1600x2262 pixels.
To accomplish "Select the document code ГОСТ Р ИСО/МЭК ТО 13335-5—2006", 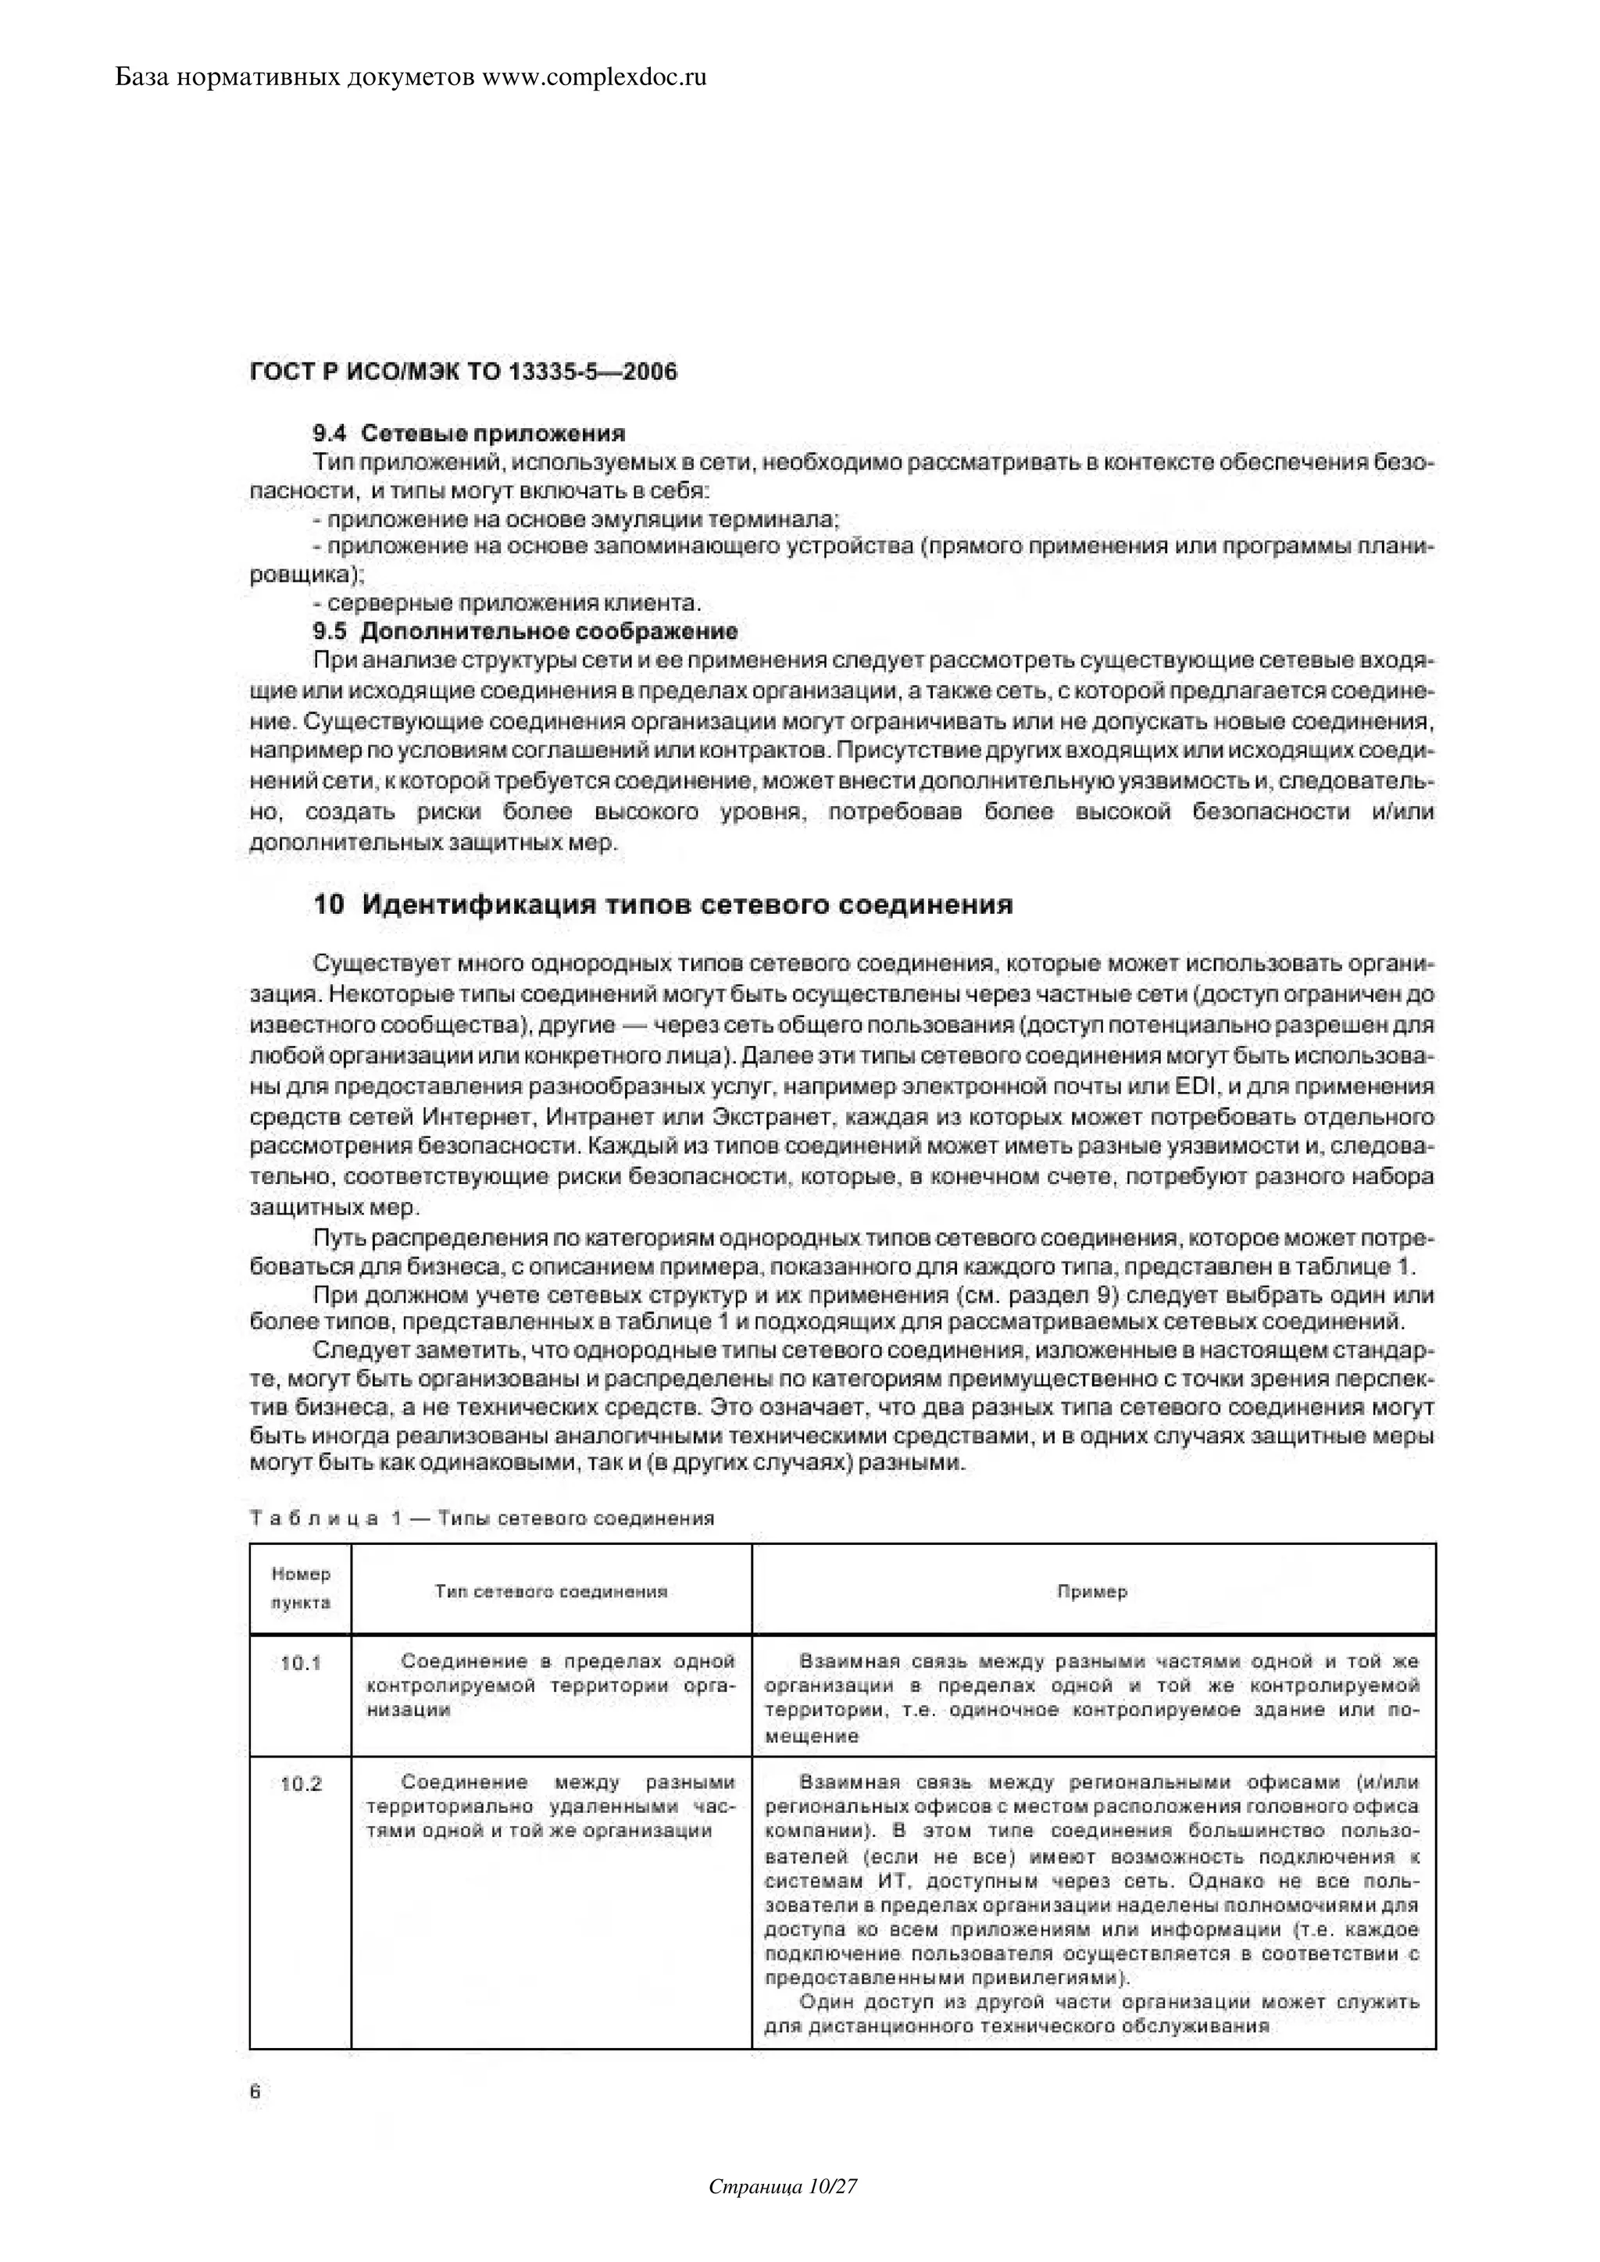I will [x=463, y=373].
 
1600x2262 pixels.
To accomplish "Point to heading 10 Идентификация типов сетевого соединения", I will [x=663, y=904].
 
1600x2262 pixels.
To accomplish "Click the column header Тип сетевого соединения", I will [x=551, y=1591].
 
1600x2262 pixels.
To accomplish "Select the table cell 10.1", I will [x=301, y=1663].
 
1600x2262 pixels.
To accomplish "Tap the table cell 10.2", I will [x=301, y=1784].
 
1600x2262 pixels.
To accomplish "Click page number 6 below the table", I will [x=255, y=2093].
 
